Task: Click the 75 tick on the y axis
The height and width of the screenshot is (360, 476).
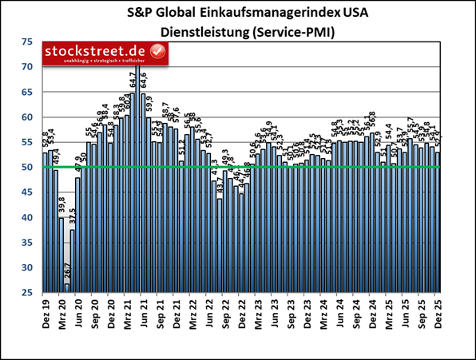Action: tap(28, 42)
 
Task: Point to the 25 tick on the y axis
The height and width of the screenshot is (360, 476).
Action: tap(28, 292)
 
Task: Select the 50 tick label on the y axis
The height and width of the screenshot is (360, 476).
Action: tap(28, 167)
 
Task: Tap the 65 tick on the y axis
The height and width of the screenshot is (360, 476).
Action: tap(28, 92)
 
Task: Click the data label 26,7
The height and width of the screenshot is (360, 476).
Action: tap(68, 271)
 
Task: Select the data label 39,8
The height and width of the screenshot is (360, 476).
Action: tap(61, 207)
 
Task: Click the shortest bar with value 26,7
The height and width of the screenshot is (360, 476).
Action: tap(67, 288)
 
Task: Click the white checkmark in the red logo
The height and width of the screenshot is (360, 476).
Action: tap(157, 52)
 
